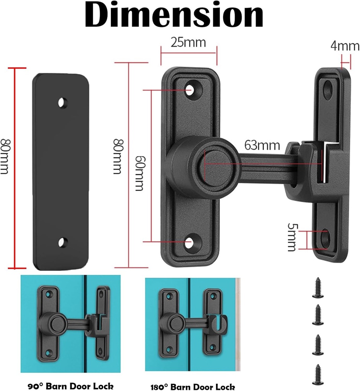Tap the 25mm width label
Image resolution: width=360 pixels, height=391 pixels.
pyautogui.click(x=188, y=42)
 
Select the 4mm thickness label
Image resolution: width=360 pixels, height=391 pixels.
pyautogui.click(x=345, y=46)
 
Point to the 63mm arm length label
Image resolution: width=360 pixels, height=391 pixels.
pyautogui.click(x=262, y=145)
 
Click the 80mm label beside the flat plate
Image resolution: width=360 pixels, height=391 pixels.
pyautogui.click(x=4, y=156)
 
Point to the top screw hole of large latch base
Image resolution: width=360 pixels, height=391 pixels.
pyautogui.click(x=190, y=90)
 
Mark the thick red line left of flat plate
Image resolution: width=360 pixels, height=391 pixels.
pyautogui.click(x=15, y=168)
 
